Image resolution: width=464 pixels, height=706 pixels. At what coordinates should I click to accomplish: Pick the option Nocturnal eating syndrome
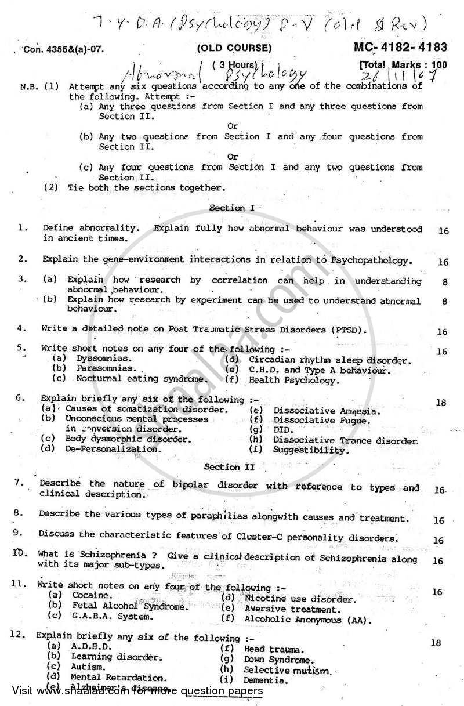[x=141, y=379]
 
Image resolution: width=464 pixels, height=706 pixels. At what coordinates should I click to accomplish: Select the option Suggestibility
[x=311, y=450]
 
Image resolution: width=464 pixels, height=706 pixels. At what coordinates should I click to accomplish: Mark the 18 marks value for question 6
[x=441, y=403]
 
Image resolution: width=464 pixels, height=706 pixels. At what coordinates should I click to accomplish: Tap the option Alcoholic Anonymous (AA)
[x=301, y=620]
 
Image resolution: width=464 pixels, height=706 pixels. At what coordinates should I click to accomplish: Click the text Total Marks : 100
[x=404, y=64]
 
